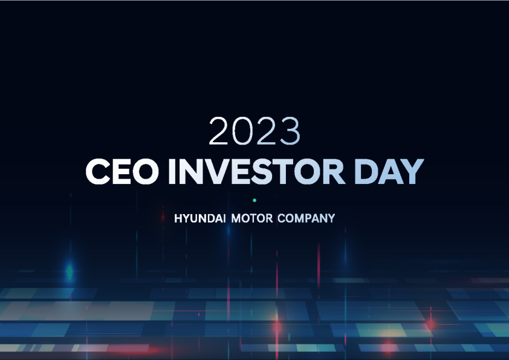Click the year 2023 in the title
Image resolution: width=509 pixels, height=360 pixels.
(x=254, y=131)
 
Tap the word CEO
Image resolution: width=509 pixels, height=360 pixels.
(x=122, y=172)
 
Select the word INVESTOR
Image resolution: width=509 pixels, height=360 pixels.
(x=256, y=172)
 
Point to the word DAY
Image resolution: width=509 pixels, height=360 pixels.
(x=389, y=172)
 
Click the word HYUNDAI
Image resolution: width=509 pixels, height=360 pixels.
(x=199, y=218)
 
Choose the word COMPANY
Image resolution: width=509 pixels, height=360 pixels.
(x=306, y=218)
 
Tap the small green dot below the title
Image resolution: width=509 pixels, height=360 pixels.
(x=254, y=200)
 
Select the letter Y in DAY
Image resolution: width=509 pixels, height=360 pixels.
(x=412, y=172)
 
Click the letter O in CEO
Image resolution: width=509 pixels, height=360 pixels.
(x=144, y=172)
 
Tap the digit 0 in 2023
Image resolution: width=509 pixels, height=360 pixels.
(x=243, y=131)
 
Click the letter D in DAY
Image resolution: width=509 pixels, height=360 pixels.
(x=366, y=172)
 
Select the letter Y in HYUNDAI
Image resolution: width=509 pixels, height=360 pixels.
(x=186, y=218)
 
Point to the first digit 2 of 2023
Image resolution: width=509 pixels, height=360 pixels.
(x=219, y=131)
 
